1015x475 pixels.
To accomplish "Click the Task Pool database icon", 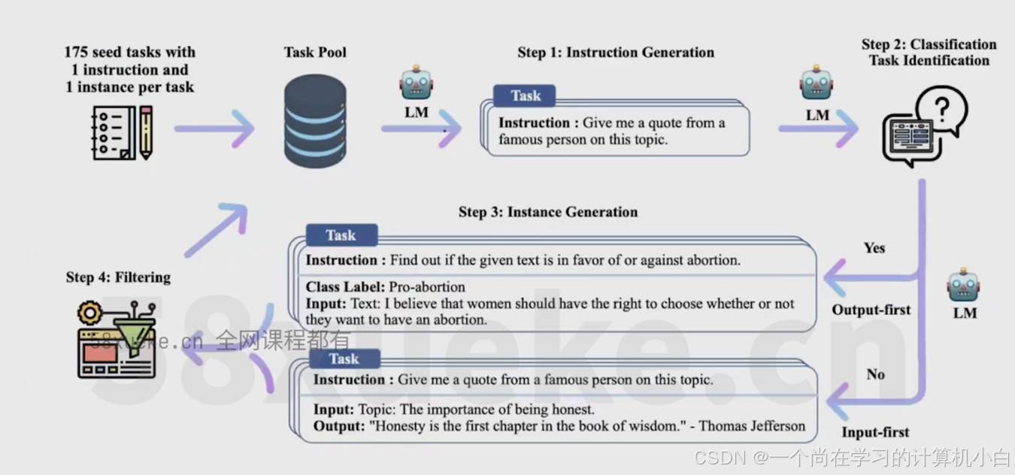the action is (x=315, y=121).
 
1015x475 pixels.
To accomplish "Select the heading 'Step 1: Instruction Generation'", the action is (x=616, y=53).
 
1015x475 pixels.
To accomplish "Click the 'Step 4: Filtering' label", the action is (x=118, y=277).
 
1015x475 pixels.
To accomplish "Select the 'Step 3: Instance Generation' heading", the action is (x=548, y=212).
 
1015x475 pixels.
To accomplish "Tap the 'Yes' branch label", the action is (x=874, y=248).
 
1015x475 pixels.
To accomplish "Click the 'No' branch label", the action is (x=875, y=374).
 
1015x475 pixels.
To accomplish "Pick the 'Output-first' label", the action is (x=871, y=310).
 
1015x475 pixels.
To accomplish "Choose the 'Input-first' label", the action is (x=875, y=432).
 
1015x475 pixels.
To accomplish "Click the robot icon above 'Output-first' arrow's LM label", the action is (x=964, y=286).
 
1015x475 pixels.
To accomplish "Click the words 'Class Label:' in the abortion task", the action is (x=345, y=287).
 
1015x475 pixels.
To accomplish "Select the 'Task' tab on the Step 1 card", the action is (x=525, y=95).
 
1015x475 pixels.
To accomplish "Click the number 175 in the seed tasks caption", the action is (x=77, y=53).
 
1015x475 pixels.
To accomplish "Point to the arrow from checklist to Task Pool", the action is (x=214, y=129).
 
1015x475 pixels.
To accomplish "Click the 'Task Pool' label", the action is (x=315, y=53).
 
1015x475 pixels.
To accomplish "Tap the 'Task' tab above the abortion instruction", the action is (x=341, y=235).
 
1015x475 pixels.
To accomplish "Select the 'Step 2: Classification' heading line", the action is (x=929, y=44).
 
